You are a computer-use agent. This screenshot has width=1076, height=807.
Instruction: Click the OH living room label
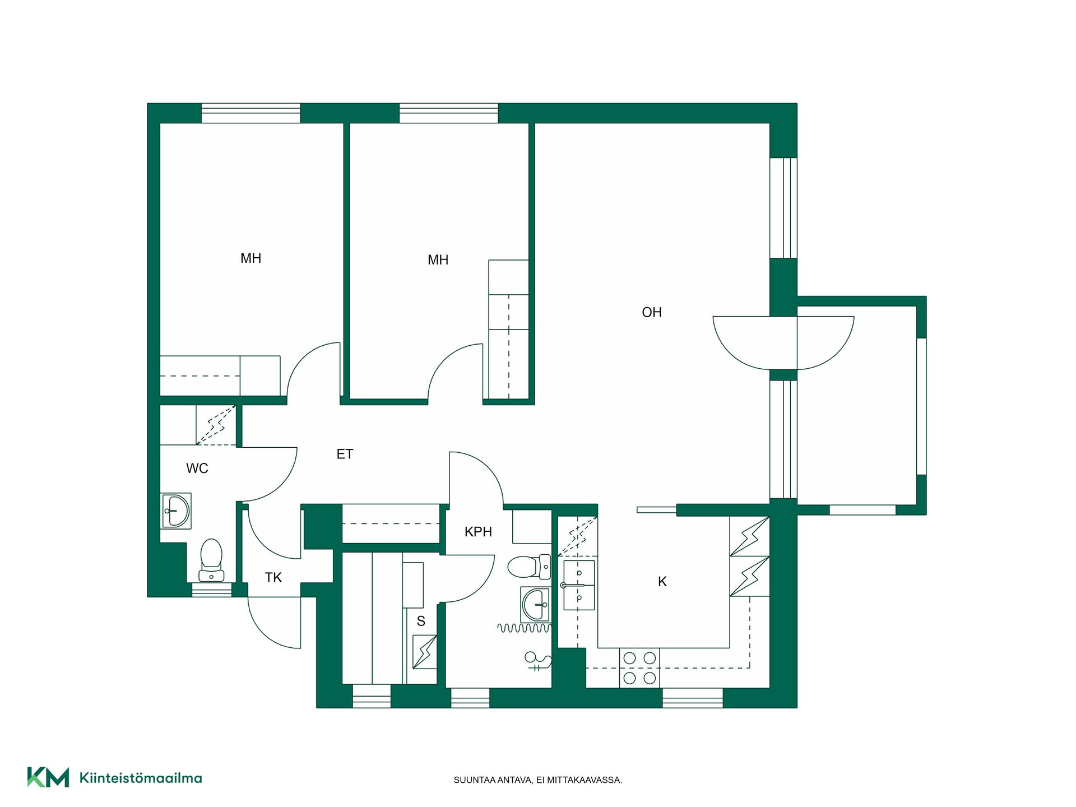click(651, 312)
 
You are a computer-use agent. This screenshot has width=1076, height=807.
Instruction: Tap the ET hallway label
click(345, 454)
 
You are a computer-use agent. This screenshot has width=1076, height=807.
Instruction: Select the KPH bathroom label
click(478, 532)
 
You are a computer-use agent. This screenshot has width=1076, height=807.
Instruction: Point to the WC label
click(197, 469)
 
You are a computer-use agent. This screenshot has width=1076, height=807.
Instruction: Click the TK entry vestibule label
click(273, 577)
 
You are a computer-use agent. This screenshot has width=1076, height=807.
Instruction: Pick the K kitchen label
click(662, 582)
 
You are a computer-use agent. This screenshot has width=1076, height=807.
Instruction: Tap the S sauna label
click(421, 621)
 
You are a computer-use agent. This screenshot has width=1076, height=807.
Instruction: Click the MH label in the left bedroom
click(251, 258)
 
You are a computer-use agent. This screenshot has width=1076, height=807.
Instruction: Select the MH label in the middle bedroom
click(438, 260)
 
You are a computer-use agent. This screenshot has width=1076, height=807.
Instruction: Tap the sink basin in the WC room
click(176, 511)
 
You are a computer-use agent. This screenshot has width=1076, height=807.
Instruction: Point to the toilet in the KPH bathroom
click(529, 567)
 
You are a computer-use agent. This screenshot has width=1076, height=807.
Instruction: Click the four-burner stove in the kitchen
click(639, 667)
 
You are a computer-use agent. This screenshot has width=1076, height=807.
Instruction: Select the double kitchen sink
click(578, 585)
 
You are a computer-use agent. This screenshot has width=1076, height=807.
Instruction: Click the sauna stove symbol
click(425, 652)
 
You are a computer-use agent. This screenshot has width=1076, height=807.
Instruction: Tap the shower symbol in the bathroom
click(537, 661)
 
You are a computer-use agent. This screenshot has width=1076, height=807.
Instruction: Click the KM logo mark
click(48, 777)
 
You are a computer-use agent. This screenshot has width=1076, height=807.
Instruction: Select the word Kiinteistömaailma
click(141, 778)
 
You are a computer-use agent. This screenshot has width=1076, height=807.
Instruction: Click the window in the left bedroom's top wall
click(251, 113)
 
